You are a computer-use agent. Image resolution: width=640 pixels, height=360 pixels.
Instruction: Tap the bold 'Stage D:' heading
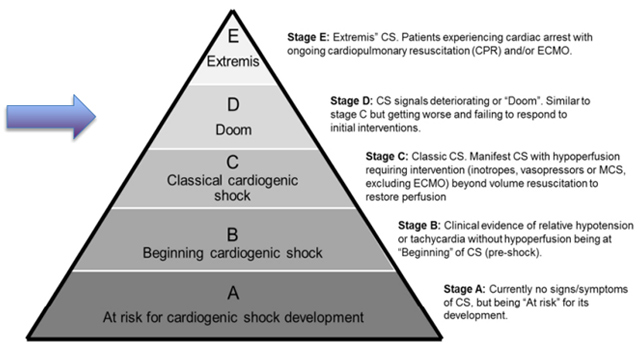tap(351, 100)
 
